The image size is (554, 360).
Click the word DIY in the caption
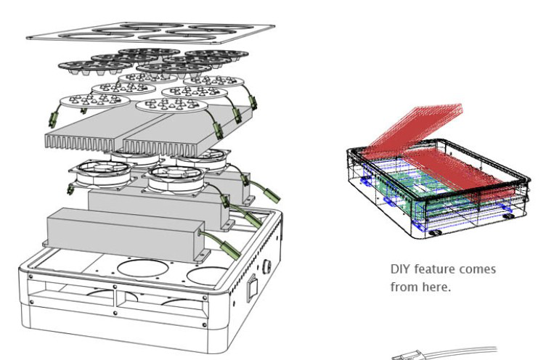[399, 269]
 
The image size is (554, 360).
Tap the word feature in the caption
[435, 269]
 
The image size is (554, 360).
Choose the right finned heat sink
[178, 126]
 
